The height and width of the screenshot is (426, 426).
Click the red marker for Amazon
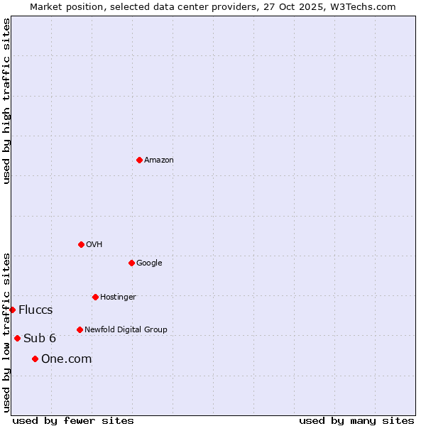(139, 160)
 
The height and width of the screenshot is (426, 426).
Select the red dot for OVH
(81, 244)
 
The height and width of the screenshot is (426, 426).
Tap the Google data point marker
(131, 263)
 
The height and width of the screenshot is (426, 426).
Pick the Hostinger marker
(95, 297)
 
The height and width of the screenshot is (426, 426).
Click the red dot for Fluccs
(12, 310)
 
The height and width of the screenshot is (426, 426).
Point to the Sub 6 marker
(17, 338)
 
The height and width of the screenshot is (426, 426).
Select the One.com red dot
(35, 359)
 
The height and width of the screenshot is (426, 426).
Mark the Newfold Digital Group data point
(80, 329)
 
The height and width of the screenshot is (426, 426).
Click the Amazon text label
(159, 160)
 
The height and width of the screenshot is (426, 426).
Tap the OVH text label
(94, 245)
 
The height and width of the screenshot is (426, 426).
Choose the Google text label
(149, 263)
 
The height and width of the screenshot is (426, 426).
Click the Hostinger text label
(118, 297)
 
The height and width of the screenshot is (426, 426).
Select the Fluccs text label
(35, 310)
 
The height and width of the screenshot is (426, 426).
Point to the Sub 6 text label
(40, 338)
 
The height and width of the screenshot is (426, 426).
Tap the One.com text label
(67, 359)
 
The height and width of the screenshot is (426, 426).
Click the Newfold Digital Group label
(126, 329)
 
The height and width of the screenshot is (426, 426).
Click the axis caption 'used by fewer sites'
(73, 420)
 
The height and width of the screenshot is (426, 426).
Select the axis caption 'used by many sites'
(356, 420)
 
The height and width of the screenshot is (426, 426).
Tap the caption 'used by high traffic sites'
(6, 101)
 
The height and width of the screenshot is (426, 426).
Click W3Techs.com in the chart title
(361, 6)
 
